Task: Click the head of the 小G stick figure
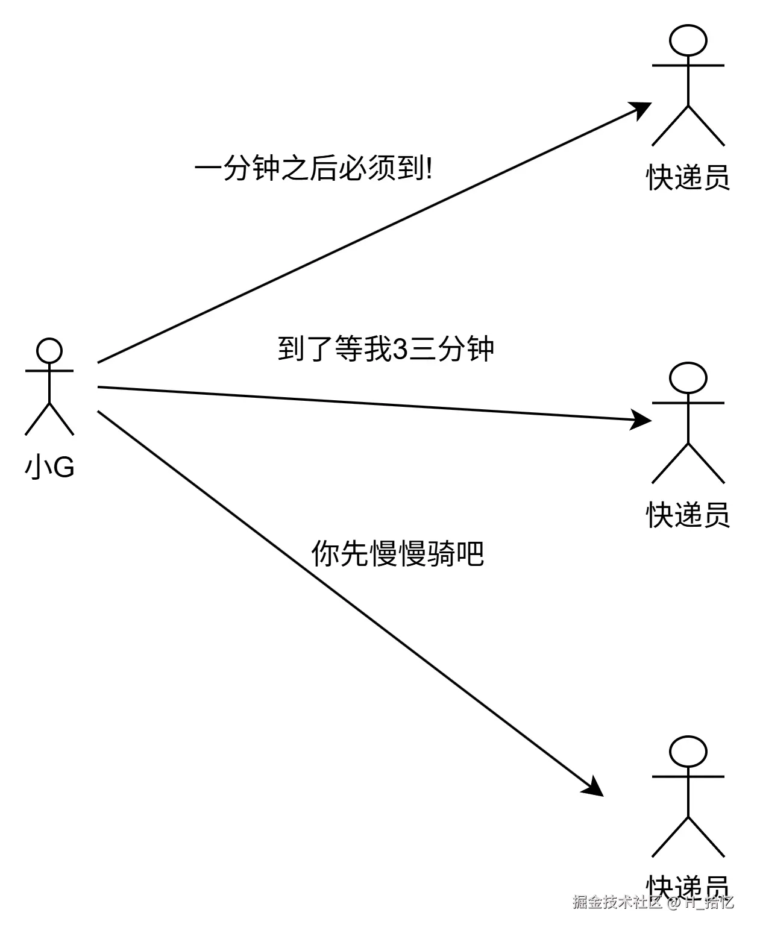click(49, 351)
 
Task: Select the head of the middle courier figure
click(688, 379)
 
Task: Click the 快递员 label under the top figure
click(688, 178)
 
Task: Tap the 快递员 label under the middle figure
click(688, 515)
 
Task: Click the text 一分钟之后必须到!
click(313, 169)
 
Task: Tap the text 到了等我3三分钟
click(386, 349)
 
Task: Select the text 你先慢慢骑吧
click(398, 553)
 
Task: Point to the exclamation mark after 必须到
click(429, 169)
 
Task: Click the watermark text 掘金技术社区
click(617, 902)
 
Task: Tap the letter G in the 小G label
click(64, 466)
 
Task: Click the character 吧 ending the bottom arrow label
click(471, 553)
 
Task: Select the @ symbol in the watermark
click(673, 903)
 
